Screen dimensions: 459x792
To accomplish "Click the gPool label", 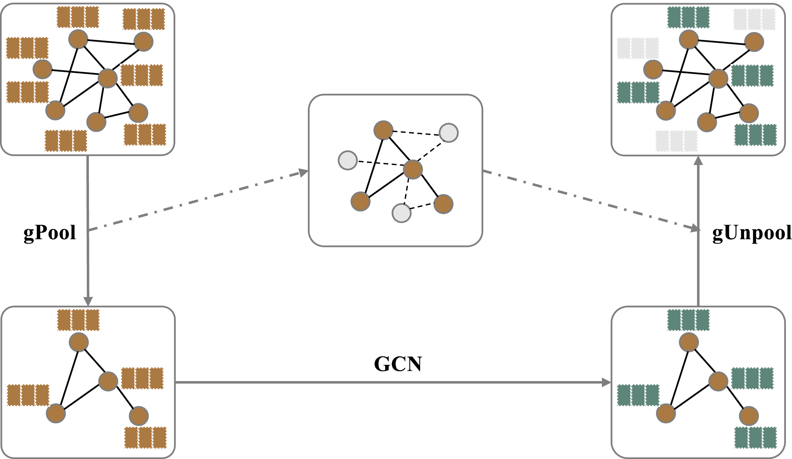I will [x=50, y=233].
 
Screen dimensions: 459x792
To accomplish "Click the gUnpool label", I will [x=752, y=233].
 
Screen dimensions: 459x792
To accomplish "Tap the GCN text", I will [x=398, y=364].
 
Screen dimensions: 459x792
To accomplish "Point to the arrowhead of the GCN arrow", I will [x=606, y=382].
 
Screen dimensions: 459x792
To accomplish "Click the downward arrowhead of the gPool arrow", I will [x=88, y=301].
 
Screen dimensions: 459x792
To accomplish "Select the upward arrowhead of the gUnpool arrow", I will [x=698, y=161].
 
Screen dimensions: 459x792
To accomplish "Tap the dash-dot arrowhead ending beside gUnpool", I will [x=695, y=229].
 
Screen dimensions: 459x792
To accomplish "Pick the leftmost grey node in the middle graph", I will [x=348, y=160].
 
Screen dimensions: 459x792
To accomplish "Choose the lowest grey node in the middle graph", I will [x=402, y=213].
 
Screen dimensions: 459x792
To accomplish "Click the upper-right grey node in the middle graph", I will [x=449, y=133].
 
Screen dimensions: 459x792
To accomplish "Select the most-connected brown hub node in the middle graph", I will [x=413, y=169].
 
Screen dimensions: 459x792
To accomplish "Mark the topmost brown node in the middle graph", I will [x=383, y=130].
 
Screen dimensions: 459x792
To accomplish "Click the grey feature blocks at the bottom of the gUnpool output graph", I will [x=676, y=141].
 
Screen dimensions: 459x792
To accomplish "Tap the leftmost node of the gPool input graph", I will [x=42, y=69].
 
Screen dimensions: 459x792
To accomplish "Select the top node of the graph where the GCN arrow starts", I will [x=79, y=342].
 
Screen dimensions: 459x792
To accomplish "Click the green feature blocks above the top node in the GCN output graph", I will [x=688, y=320].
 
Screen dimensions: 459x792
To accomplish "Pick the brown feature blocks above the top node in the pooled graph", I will [x=78, y=320].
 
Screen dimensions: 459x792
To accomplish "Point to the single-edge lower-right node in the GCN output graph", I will [x=749, y=416].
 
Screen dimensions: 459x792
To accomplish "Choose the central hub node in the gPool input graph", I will [x=108, y=78].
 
